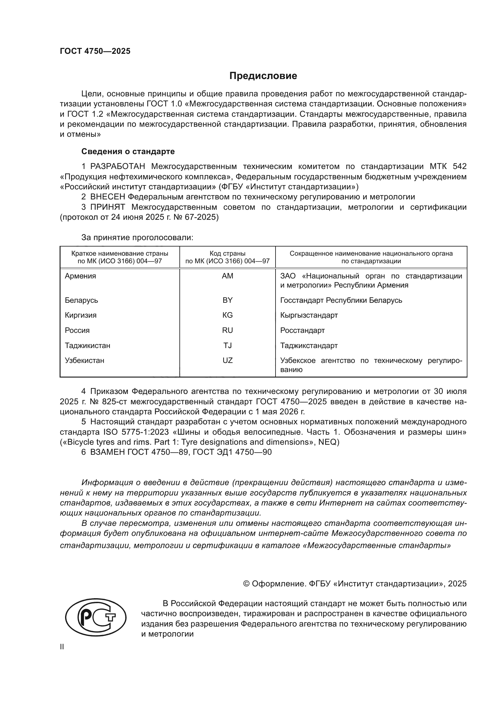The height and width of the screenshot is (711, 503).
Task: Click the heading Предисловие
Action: [x=263, y=76]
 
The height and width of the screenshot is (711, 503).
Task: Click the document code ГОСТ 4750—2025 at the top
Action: [x=95, y=51]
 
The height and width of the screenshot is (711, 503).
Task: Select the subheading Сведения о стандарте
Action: [x=128, y=151]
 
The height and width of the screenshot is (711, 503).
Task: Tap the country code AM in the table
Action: [x=227, y=276]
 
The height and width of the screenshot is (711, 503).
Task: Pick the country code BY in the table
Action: [x=227, y=300]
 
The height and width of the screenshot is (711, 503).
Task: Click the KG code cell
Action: [x=227, y=315]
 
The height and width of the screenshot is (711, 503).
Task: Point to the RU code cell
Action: [x=227, y=330]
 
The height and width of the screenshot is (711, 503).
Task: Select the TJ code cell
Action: [x=227, y=346]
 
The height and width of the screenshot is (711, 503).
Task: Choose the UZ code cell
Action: [x=227, y=361]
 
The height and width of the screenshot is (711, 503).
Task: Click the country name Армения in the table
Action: [x=81, y=276]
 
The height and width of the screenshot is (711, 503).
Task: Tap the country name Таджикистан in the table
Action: [x=88, y=346]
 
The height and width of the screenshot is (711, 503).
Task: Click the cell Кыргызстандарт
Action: [x=309, y=315]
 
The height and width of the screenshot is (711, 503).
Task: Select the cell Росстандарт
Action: [x=302, y=330]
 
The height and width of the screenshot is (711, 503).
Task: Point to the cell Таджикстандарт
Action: [x=309, y=346]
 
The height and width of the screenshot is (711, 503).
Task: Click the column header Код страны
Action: [x=227, y=254]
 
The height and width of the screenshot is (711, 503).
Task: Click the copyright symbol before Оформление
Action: [x=247, y=584]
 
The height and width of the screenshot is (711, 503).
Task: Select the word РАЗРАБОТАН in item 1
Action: [x=118, y=167]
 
